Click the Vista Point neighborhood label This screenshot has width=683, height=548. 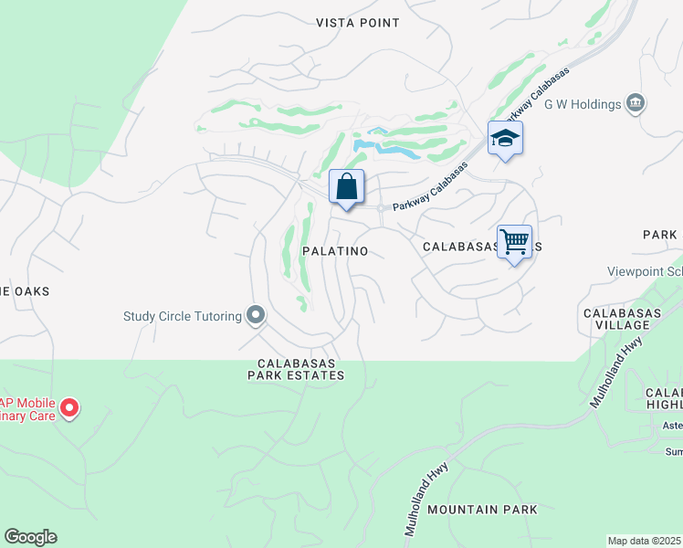[358, 23]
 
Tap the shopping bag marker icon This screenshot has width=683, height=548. [346, 187]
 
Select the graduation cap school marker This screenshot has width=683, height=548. [505, 139]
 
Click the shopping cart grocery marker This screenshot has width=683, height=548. [515, 242]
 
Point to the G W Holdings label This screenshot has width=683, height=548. [583, 104]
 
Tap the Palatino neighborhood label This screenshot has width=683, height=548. [336, 251]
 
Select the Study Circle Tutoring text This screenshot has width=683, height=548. [182, 317]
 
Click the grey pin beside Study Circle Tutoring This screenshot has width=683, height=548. [256, 316]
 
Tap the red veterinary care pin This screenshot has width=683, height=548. [69, 408]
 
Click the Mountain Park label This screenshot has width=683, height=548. [482, 510]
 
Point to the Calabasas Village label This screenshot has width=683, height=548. [622, 321]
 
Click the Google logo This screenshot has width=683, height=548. [30, 537]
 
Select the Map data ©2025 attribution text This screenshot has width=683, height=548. [643, 541]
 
